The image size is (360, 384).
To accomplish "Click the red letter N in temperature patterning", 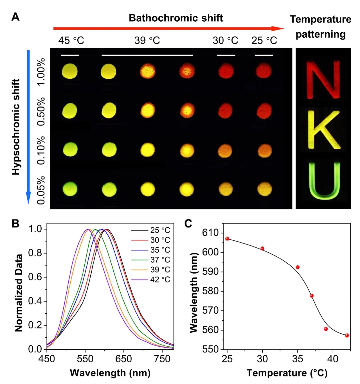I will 323,79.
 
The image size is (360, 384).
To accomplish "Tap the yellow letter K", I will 323,130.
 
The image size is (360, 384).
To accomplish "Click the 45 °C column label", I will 71,41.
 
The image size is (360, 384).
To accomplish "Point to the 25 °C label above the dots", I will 264,41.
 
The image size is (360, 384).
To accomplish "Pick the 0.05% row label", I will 41,190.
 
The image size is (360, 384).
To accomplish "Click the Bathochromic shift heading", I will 176,18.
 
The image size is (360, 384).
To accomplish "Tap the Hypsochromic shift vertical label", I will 16,127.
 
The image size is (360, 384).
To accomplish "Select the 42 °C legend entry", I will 160,279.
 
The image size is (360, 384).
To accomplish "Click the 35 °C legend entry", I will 160,250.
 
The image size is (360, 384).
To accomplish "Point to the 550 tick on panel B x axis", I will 85,359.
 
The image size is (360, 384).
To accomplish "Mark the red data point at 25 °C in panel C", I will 227,238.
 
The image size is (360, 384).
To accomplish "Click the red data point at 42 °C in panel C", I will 347,335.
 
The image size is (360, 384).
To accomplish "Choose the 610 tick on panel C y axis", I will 210,233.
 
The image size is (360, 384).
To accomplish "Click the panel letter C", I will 188,223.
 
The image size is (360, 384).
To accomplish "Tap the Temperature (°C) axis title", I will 287,373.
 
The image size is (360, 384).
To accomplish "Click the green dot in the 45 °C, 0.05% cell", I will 70,189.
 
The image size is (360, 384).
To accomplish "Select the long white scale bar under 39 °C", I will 147,55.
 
